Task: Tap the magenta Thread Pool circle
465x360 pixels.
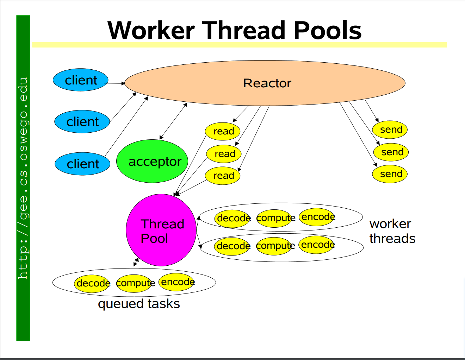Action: point(161,230)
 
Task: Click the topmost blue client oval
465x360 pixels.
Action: point(80,80)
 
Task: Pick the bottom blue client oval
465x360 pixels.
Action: point(82,164)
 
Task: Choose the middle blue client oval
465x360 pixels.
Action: point(82,122)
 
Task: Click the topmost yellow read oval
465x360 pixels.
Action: point(223,131)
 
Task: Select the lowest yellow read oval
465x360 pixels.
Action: point(223,175)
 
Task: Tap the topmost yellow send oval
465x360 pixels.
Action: point(390,130)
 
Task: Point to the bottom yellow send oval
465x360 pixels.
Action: point(390,174)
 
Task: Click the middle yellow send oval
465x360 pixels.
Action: point(391,152)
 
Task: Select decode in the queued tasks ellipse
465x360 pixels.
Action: point(92,283)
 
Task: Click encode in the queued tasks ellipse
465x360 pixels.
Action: point(177,282)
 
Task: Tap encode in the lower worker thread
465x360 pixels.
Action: point(317,245)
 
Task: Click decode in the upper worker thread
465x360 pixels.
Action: point(232,218)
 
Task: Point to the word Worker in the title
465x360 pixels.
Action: point(151,30)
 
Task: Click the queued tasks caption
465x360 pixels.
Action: point(139,304)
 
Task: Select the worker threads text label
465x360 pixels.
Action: point(392,231)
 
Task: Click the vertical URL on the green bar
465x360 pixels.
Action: point(23,178)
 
